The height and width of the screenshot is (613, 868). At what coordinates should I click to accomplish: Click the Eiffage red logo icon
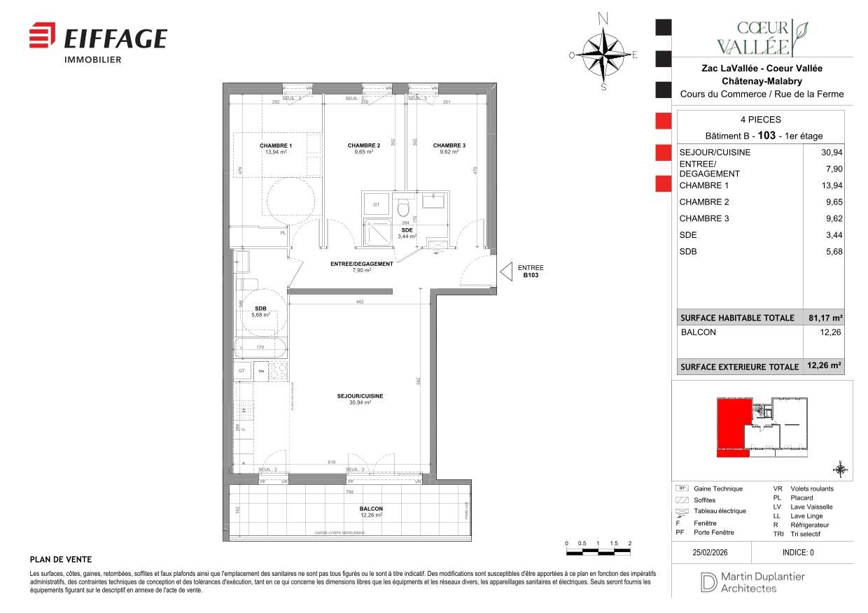(42, 36)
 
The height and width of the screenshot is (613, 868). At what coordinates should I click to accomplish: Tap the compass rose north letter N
(603, 19)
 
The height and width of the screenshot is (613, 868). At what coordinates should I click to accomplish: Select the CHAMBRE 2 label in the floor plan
(363, 146)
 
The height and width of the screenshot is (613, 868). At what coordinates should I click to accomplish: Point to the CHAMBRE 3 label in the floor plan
(449, 146)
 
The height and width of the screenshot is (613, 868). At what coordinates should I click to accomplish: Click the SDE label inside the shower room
(406, 230)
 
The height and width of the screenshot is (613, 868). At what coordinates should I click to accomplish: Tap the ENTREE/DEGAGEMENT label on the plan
(361, 264)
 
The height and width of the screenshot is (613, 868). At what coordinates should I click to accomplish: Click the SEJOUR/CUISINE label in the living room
(360, 396)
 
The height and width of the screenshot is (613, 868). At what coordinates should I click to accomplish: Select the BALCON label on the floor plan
(371, 509)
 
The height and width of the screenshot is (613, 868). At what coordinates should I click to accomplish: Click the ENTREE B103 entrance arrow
(505, 272)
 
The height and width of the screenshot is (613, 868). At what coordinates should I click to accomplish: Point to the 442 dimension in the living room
(359, 302)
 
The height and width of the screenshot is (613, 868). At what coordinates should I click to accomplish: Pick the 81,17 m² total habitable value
(825, 318)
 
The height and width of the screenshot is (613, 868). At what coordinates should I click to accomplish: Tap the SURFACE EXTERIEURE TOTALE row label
(739, 367)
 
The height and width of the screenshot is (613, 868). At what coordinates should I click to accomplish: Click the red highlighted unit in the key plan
(731, 426)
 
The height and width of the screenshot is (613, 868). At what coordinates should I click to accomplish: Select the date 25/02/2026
(710, 552)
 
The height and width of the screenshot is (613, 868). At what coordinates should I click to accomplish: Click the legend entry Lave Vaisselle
(811, 507)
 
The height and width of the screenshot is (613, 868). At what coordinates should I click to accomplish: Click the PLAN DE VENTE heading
(61, 559)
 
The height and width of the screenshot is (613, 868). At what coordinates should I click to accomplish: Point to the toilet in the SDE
(402, 209)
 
